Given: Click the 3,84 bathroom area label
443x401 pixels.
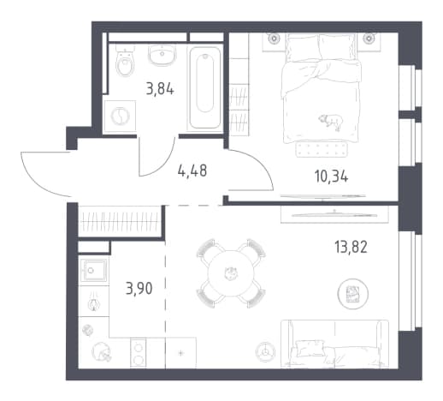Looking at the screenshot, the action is [160, 89].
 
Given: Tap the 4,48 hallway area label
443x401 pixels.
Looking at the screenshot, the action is [192, 171].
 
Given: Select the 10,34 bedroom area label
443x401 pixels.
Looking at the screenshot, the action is [332, 177].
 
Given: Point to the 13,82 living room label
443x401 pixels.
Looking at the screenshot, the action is [351, 247].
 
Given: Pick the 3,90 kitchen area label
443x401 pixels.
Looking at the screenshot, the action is [139, 289].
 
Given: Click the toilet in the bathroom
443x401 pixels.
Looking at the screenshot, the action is [125, 61].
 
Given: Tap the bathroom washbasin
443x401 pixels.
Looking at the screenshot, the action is [162, 55].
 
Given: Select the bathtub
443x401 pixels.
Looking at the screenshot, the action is [205, 87].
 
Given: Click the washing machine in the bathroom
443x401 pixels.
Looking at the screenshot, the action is [120, 117].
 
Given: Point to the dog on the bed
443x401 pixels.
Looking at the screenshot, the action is [331, 122].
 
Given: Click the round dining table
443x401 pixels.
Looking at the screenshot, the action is [231, 273].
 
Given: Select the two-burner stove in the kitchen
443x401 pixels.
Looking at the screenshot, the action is [139, 353].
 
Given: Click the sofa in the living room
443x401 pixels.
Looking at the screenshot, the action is [334, 344].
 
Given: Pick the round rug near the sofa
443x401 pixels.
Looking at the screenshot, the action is [352, 294].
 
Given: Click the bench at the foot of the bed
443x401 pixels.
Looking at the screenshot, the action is [322, 149].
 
